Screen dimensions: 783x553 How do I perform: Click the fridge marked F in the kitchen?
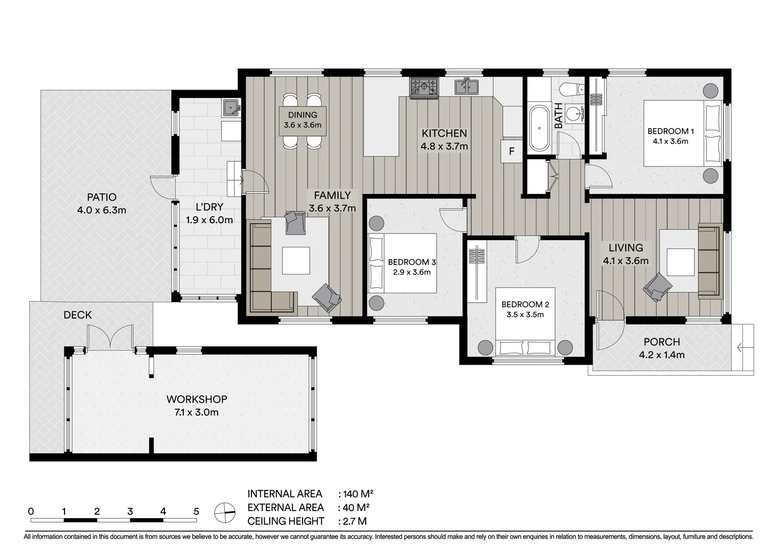point(512,151)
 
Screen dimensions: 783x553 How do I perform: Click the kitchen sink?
point(467,87)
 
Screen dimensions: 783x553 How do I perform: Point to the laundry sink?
point(231,108)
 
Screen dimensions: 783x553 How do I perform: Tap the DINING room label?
point(303,115)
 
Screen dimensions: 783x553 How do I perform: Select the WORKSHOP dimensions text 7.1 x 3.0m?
point(197,413)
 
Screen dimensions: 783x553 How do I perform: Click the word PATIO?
point(102,197)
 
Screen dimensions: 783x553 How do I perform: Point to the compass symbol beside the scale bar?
point(225,513)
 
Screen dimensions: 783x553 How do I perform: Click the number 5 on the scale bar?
point(196,512)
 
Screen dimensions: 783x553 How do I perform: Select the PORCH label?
point(662,342)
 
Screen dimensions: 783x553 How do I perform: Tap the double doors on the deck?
point(110,337)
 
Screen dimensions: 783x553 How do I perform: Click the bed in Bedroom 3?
point(403,263)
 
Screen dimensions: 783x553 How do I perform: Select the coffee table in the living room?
point(680,262)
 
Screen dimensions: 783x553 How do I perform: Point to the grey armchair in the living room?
point(658,287)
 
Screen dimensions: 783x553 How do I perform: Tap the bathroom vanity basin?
point(574,114)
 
